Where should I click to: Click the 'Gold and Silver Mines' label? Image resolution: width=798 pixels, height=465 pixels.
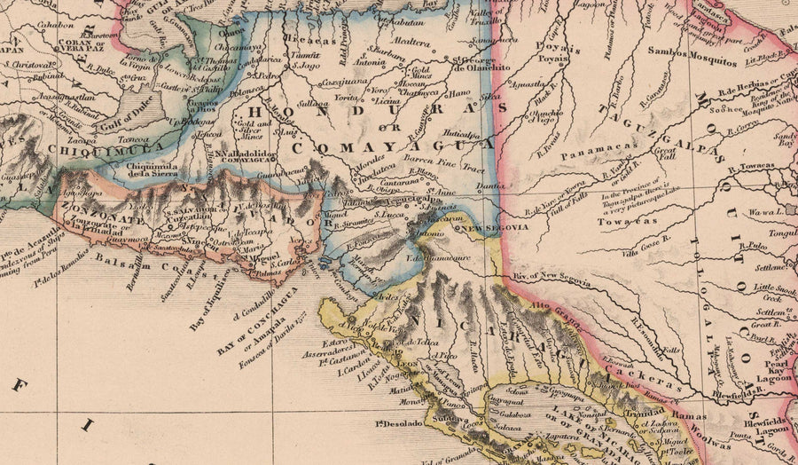[x=251, y=130]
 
